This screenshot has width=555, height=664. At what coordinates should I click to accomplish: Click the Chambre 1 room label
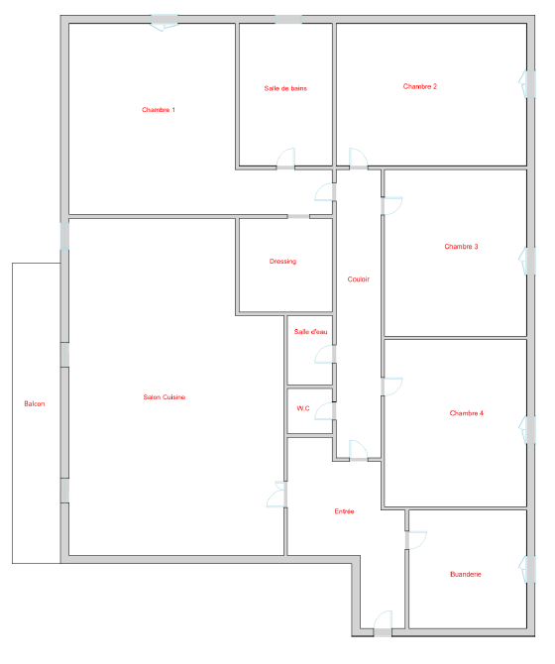pos(159,110)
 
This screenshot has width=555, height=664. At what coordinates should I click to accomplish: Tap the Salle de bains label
pos(285,88)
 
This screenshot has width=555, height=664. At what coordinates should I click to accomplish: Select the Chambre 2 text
pos(420,86)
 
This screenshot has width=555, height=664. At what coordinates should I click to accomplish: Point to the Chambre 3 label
pos(461,247)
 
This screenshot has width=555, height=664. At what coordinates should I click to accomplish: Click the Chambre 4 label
pos(467,413)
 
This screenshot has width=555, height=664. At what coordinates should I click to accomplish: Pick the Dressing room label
pos(282,262)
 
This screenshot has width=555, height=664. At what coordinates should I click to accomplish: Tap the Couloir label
pos(359,279)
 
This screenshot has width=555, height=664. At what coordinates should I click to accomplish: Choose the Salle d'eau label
pos(311,332)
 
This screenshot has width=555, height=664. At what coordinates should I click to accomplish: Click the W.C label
pos(303,408)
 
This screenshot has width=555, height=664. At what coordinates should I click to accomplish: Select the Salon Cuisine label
pos(165,397)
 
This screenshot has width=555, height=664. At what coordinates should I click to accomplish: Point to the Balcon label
pos(35,404)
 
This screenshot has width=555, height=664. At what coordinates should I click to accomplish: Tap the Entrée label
pos(344,511)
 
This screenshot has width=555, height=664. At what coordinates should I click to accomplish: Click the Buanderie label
pos(466,574)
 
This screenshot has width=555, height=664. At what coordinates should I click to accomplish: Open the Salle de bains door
pos(285,160)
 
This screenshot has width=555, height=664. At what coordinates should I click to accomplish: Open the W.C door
pos(325,411)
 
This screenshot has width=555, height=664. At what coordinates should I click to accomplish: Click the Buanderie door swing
pos(415,540)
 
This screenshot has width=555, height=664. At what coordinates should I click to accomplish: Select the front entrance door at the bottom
pos(383,623)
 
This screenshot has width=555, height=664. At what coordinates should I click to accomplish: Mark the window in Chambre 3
pos(527,261)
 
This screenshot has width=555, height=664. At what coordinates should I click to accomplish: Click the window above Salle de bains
pos(288,20)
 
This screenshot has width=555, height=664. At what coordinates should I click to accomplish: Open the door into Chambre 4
pos(391,387)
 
